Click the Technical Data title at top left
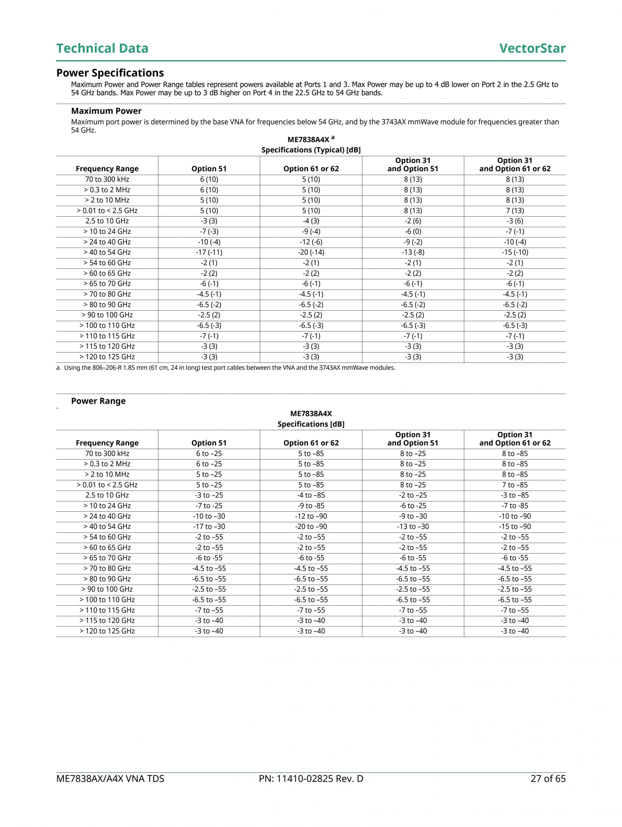(x=102, y=48)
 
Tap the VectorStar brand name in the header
(x=532, y=48)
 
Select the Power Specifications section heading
(x=110, y=73)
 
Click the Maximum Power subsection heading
(x=106, y=111)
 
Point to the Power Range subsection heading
(x=98, y=401)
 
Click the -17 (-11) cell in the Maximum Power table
(x=209, y=252)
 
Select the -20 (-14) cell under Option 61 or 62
(x=311, y=252)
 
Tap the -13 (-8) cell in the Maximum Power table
(x=413, y=252)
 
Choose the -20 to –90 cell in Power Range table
(x=311, y=526)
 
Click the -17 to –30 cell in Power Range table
(x=209, y=526)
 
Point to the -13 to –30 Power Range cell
(x=413, y=526)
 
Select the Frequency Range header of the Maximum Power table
(x=107, y=169)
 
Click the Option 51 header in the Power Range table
(x=209, y=443)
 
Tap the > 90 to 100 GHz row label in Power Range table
(x=107, y=589)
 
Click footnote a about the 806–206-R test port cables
(x=226, y=368)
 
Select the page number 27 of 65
(x=548, y=779)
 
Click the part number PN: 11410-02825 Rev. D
(x=311, y=779)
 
